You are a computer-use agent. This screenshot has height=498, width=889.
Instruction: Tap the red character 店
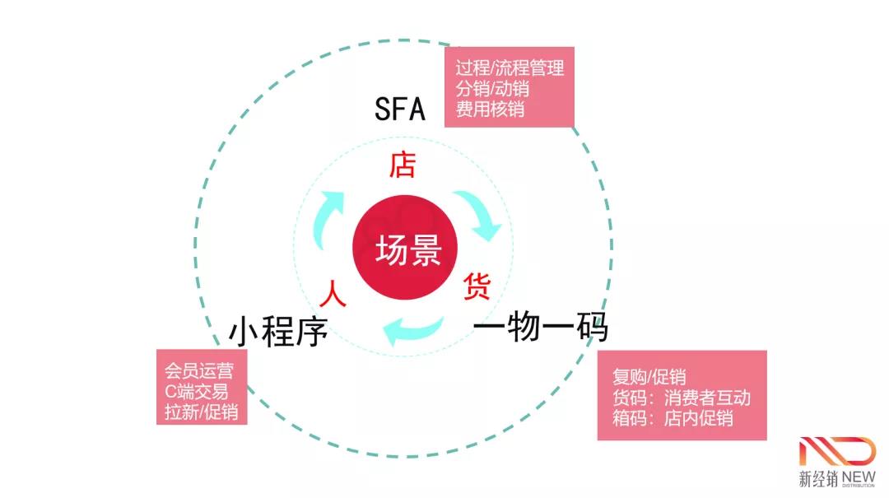coord(402,165)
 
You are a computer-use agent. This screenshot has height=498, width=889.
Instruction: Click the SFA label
coord(400,109)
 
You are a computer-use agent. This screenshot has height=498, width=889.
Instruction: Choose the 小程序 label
coord(278,333)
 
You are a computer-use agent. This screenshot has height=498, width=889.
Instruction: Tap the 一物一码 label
coord(540,328)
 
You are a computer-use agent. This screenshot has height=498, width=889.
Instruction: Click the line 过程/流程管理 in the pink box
coord(510,67)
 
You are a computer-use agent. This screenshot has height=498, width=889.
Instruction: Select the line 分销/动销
coord(492,87)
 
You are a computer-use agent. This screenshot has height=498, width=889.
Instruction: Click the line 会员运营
coord(198,370)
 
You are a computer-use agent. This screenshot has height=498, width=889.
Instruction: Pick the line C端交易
coord(196,391)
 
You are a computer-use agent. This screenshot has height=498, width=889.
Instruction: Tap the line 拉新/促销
coord(202,412)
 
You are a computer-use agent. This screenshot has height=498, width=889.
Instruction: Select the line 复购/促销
coord(649,377)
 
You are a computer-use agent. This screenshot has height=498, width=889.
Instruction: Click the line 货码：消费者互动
coord(682,398)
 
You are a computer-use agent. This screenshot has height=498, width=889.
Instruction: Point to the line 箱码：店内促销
coord(673,418)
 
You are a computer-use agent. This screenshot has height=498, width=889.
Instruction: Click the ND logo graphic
coord(837,453)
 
